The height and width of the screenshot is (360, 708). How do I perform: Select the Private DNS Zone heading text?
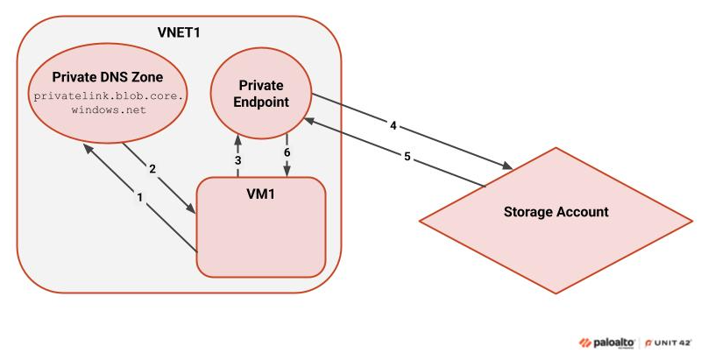(x=109, y=75)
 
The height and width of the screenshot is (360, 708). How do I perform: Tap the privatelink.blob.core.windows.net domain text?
(x=109, y=101)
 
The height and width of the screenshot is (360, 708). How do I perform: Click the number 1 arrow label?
(x=139, y=198)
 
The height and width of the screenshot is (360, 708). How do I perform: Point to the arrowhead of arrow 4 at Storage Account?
(x=509, y=166)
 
